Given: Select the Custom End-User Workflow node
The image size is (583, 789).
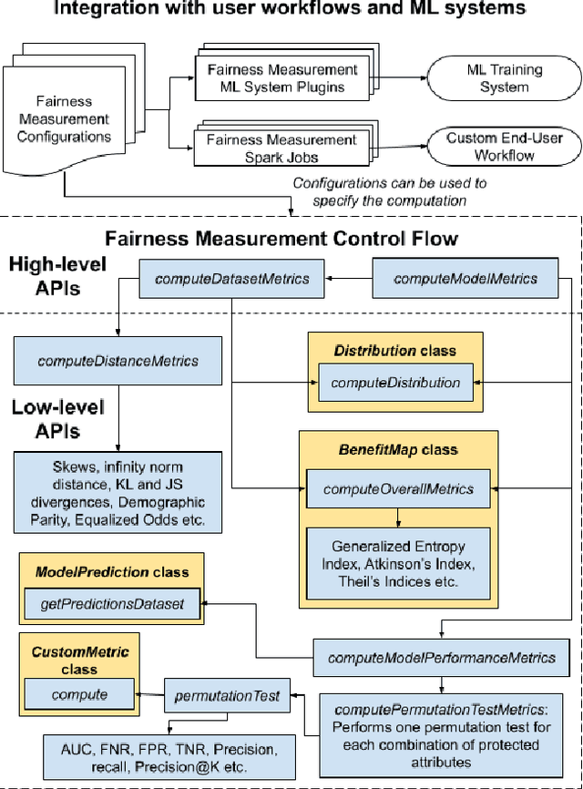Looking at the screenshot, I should click(x=505, y=146).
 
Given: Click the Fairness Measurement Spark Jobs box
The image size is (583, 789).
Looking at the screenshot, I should click(x=281, y=148).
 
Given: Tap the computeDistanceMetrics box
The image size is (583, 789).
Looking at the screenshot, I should click(x=118, y=361).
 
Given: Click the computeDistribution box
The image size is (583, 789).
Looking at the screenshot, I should click(x=395, y=383).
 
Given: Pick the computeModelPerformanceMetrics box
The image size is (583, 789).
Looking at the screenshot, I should click(x=441, y=657).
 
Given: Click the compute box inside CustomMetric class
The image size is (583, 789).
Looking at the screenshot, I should click(x=79, y=694).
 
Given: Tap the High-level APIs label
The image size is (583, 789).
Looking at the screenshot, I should click(x=56, y=276).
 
